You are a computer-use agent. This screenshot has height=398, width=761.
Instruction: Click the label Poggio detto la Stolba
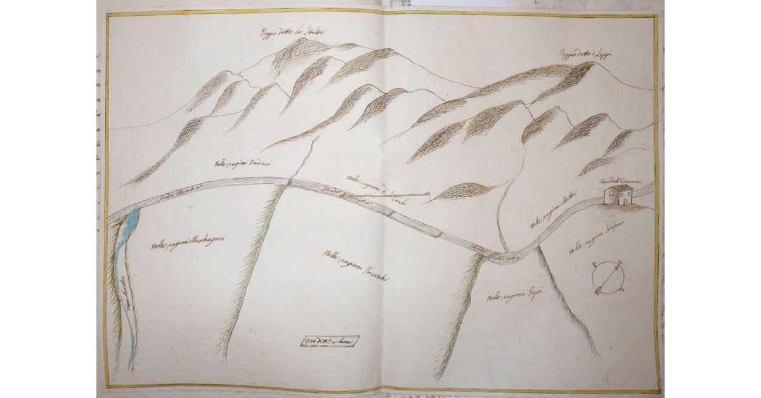click(292, 32)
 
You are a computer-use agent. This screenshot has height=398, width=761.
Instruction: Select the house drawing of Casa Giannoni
click(618, 195)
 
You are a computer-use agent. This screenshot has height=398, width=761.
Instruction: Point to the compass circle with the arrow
click(608, 276)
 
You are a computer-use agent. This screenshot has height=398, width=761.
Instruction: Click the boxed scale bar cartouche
click(330, 342)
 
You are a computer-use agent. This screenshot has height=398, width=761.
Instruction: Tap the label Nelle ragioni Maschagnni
click(188, 242)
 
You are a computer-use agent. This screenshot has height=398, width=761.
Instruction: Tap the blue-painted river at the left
click(130, 285)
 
